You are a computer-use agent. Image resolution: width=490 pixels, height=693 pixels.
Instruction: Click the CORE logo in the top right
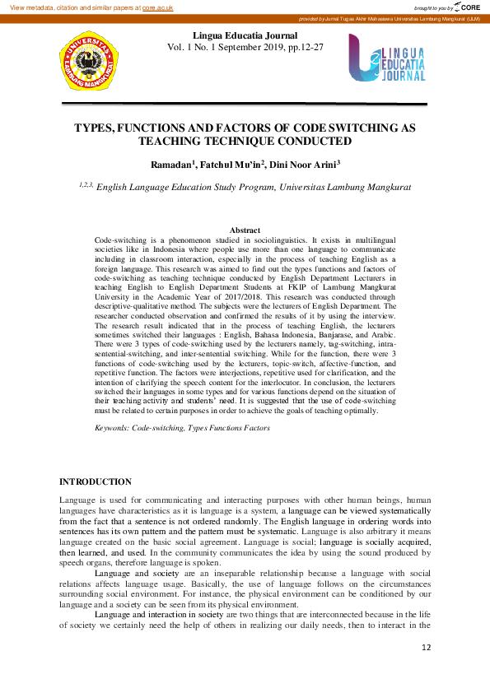[466, 7]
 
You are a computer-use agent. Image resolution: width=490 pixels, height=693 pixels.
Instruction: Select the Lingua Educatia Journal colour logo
[386, 58]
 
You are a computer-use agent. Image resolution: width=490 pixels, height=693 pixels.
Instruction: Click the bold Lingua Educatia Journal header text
[245, 35]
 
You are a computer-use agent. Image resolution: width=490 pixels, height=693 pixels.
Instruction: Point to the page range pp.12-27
[302, 47]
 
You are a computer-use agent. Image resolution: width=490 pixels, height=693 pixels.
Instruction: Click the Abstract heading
[245, 230]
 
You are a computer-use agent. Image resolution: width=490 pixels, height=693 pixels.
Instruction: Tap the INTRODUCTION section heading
[96, 481]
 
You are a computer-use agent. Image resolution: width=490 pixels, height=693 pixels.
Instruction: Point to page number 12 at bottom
[426, 649]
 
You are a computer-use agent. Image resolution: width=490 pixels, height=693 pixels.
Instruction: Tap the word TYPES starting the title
[95, 128]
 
